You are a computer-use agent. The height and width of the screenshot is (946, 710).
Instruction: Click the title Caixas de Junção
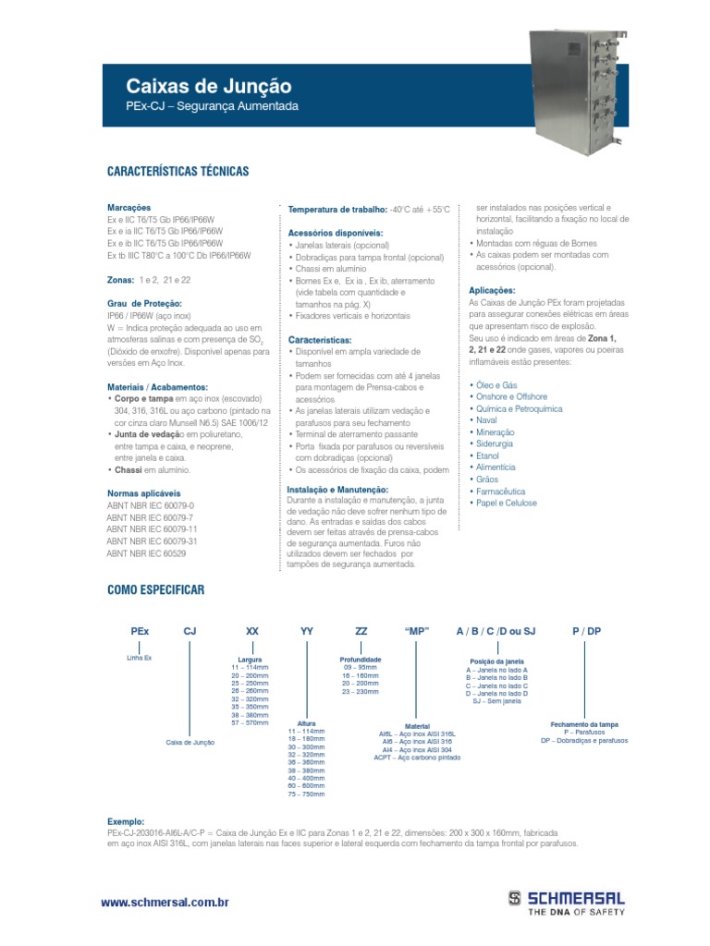208,87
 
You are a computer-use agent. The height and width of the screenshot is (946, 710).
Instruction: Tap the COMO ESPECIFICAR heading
155,589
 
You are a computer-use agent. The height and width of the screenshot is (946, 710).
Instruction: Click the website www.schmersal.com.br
164,901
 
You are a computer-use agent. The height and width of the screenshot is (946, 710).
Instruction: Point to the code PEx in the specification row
140,630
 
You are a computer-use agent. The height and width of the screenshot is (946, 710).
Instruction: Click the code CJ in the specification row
190,630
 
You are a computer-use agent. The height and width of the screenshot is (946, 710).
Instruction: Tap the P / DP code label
586,630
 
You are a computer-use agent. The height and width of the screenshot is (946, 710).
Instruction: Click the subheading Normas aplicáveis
144,493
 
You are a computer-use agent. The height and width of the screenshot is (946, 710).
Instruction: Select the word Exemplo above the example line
126,820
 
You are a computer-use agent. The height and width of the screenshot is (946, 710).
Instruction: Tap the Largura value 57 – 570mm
250,723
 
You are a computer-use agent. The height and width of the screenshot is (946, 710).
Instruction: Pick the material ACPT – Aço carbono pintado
417,758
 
